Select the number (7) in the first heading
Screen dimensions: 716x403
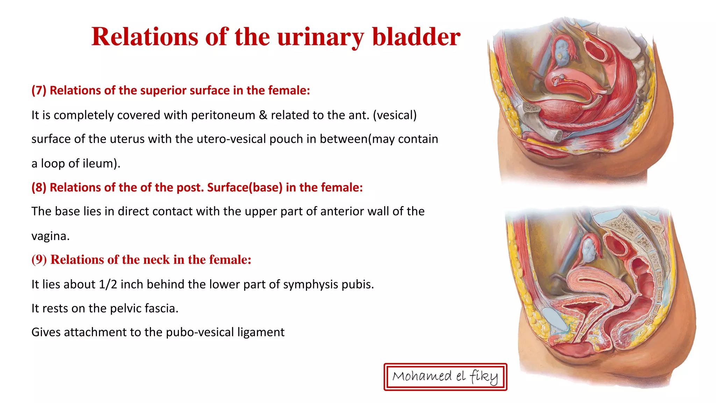[39, 91]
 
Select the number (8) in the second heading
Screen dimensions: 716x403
[39, 188]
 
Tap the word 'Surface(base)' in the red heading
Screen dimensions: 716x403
[245, 188]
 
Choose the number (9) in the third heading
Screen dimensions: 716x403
[39, 260]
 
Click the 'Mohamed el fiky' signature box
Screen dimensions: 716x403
[445, 377]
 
